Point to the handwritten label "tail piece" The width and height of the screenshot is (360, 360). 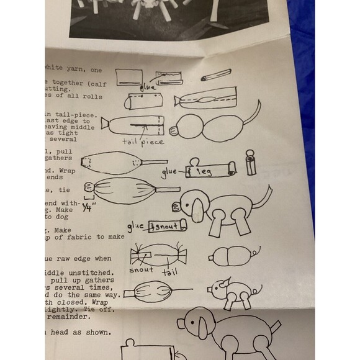tap(143, 142)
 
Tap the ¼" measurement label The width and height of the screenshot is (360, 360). tap(87, 209)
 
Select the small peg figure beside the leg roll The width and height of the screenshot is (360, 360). tap(251, 163)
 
